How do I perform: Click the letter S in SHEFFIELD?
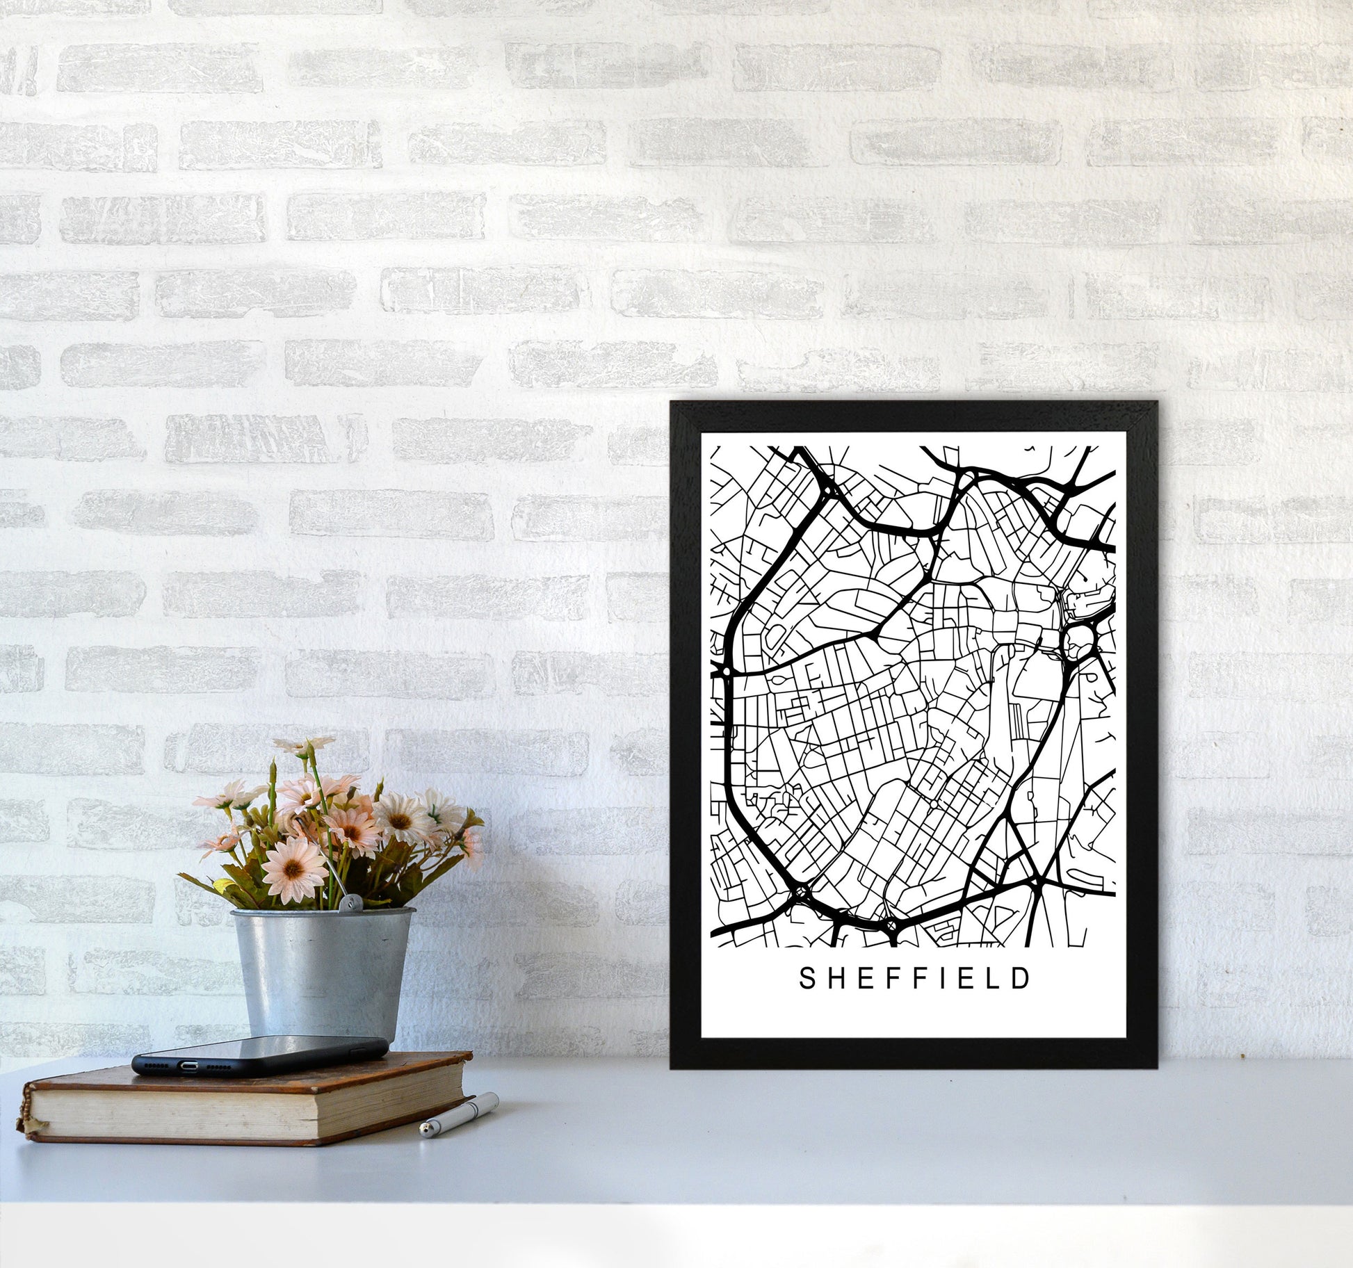807,978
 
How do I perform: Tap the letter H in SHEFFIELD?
837,978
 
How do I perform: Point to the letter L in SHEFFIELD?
991,978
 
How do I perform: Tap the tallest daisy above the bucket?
304,746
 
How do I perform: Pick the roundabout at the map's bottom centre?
891,926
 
